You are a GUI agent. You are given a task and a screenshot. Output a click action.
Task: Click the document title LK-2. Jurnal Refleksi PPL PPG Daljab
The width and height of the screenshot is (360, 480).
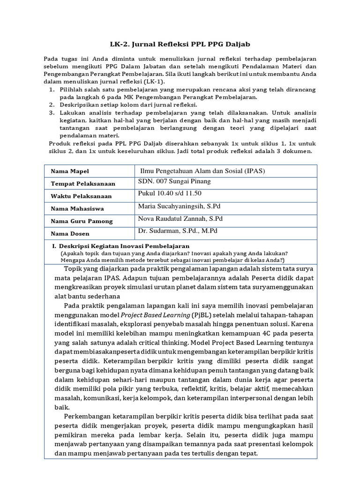point(180,44)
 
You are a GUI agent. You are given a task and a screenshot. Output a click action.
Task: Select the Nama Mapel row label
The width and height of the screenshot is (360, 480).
point(69,172)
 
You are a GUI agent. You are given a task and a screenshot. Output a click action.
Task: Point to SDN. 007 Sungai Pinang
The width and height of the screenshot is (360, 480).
point(174,181)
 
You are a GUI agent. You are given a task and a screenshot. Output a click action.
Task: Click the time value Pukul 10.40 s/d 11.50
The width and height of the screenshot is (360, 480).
point(169,194)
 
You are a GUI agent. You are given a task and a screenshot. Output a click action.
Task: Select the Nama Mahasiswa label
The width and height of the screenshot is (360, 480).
point(77,209)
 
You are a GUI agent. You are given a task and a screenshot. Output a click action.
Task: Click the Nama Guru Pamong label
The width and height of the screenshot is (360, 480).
point(80,221)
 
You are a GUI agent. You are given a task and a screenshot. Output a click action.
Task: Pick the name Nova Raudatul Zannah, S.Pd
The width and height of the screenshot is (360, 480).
point(180,219)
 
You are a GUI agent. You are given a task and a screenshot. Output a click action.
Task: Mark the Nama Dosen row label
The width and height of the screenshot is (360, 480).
point(70,233)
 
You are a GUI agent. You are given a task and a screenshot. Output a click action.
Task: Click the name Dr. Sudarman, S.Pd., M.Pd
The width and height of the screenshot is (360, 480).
point(178,231)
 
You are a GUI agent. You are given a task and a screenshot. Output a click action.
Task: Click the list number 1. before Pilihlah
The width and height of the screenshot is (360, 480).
point(52,90)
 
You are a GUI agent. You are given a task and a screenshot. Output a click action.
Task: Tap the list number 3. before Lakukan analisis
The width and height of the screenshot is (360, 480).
point(52,113)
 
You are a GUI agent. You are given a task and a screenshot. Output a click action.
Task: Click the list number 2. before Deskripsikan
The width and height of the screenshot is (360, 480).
point(52,105)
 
